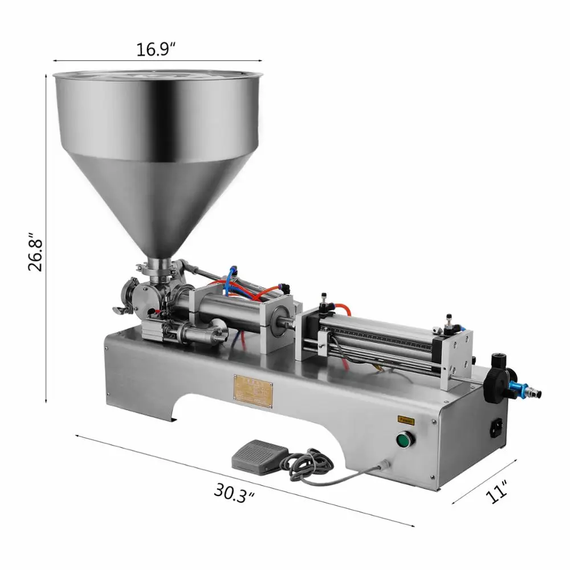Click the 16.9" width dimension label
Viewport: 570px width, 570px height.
point(155,49)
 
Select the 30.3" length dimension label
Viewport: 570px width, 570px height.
point(233,490)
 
